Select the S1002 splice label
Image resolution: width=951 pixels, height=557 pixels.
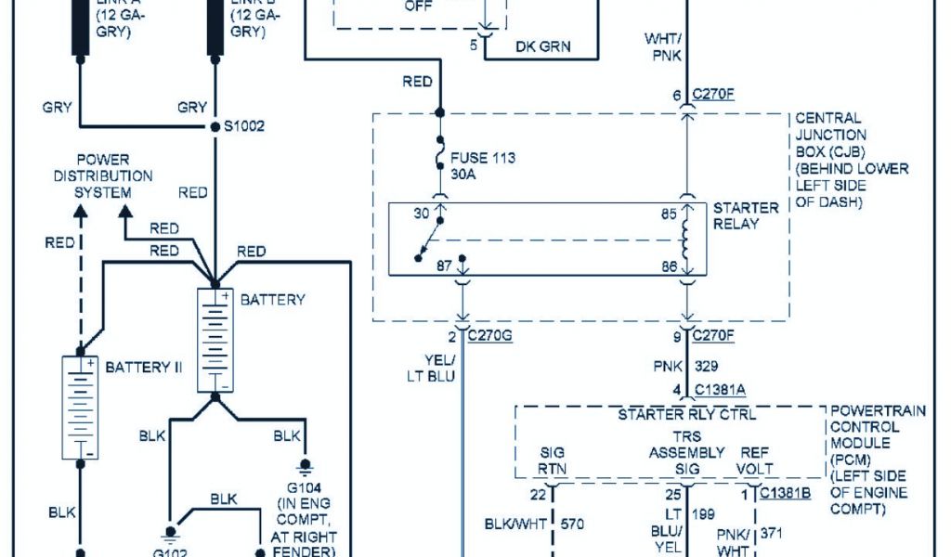tap(245, 125)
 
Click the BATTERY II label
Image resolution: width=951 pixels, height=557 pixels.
tap(144, 367)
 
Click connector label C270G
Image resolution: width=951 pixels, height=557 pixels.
tap(490, 335)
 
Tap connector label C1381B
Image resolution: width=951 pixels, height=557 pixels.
tap(785, 494)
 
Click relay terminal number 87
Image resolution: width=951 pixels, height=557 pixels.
tap(444, 266)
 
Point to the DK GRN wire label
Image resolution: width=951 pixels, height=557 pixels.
tap(542, 46)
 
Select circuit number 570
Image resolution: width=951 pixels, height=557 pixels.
tap(572, 525)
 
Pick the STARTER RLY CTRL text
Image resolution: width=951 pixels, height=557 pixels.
tap(686, 414)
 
